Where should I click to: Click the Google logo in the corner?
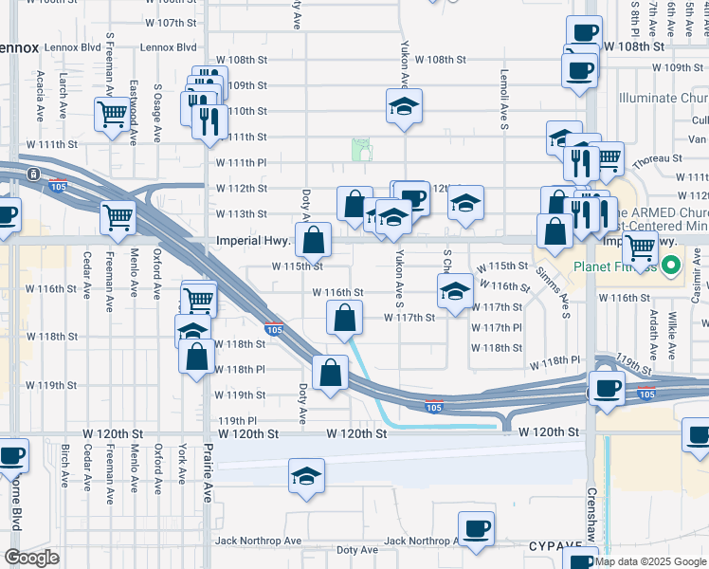[30, 558]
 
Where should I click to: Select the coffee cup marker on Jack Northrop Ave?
[476, 529]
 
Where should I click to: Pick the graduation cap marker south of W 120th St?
[306, 477]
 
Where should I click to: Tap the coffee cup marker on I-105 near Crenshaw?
[606, 387]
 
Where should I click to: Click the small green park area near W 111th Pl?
[361, 149]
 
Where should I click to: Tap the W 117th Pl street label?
[498, 327]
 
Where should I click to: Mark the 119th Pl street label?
[238, 420]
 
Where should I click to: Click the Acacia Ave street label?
[40, 95]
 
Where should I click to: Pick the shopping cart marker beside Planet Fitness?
[641, 248]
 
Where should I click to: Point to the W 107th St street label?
[172, 22]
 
